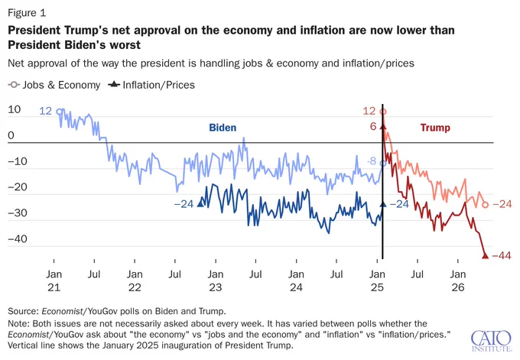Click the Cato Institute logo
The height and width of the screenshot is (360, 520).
click(x=492, y=341)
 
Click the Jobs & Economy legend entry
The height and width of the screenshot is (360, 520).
click(x=54, y=85)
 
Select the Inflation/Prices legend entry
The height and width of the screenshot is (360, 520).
click(x=151, y=85)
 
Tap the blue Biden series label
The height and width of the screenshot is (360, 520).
click(x=223, y=128)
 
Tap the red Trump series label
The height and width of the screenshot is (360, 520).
click(x=435, y=128)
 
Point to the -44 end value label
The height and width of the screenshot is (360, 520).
click(x=502, y=255)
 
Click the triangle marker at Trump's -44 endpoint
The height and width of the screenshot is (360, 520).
click(x=485, y=255)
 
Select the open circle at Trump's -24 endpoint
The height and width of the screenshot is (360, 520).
click(x=485, y=205)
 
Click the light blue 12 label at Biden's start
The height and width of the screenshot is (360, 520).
click(x=45, y=111)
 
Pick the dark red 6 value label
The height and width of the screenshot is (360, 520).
click(x=373, y=126)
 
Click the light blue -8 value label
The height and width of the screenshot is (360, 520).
click(x=372, y=161)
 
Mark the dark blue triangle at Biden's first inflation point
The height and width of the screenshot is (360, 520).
click(x=200, y=203)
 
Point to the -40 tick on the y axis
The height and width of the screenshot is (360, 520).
click(x=18, y=238)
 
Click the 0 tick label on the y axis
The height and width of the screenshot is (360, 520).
click(x=11, y=135)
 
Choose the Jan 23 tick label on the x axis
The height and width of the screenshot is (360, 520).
click(x=215, y=281)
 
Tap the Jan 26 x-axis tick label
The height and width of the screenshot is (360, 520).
click(x=457, y=281)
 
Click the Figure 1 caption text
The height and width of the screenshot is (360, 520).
click(x=27, y=13)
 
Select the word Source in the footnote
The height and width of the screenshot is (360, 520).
click(x=23, y=311)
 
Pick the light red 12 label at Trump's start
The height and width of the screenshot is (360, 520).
click(x=369, y=111)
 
